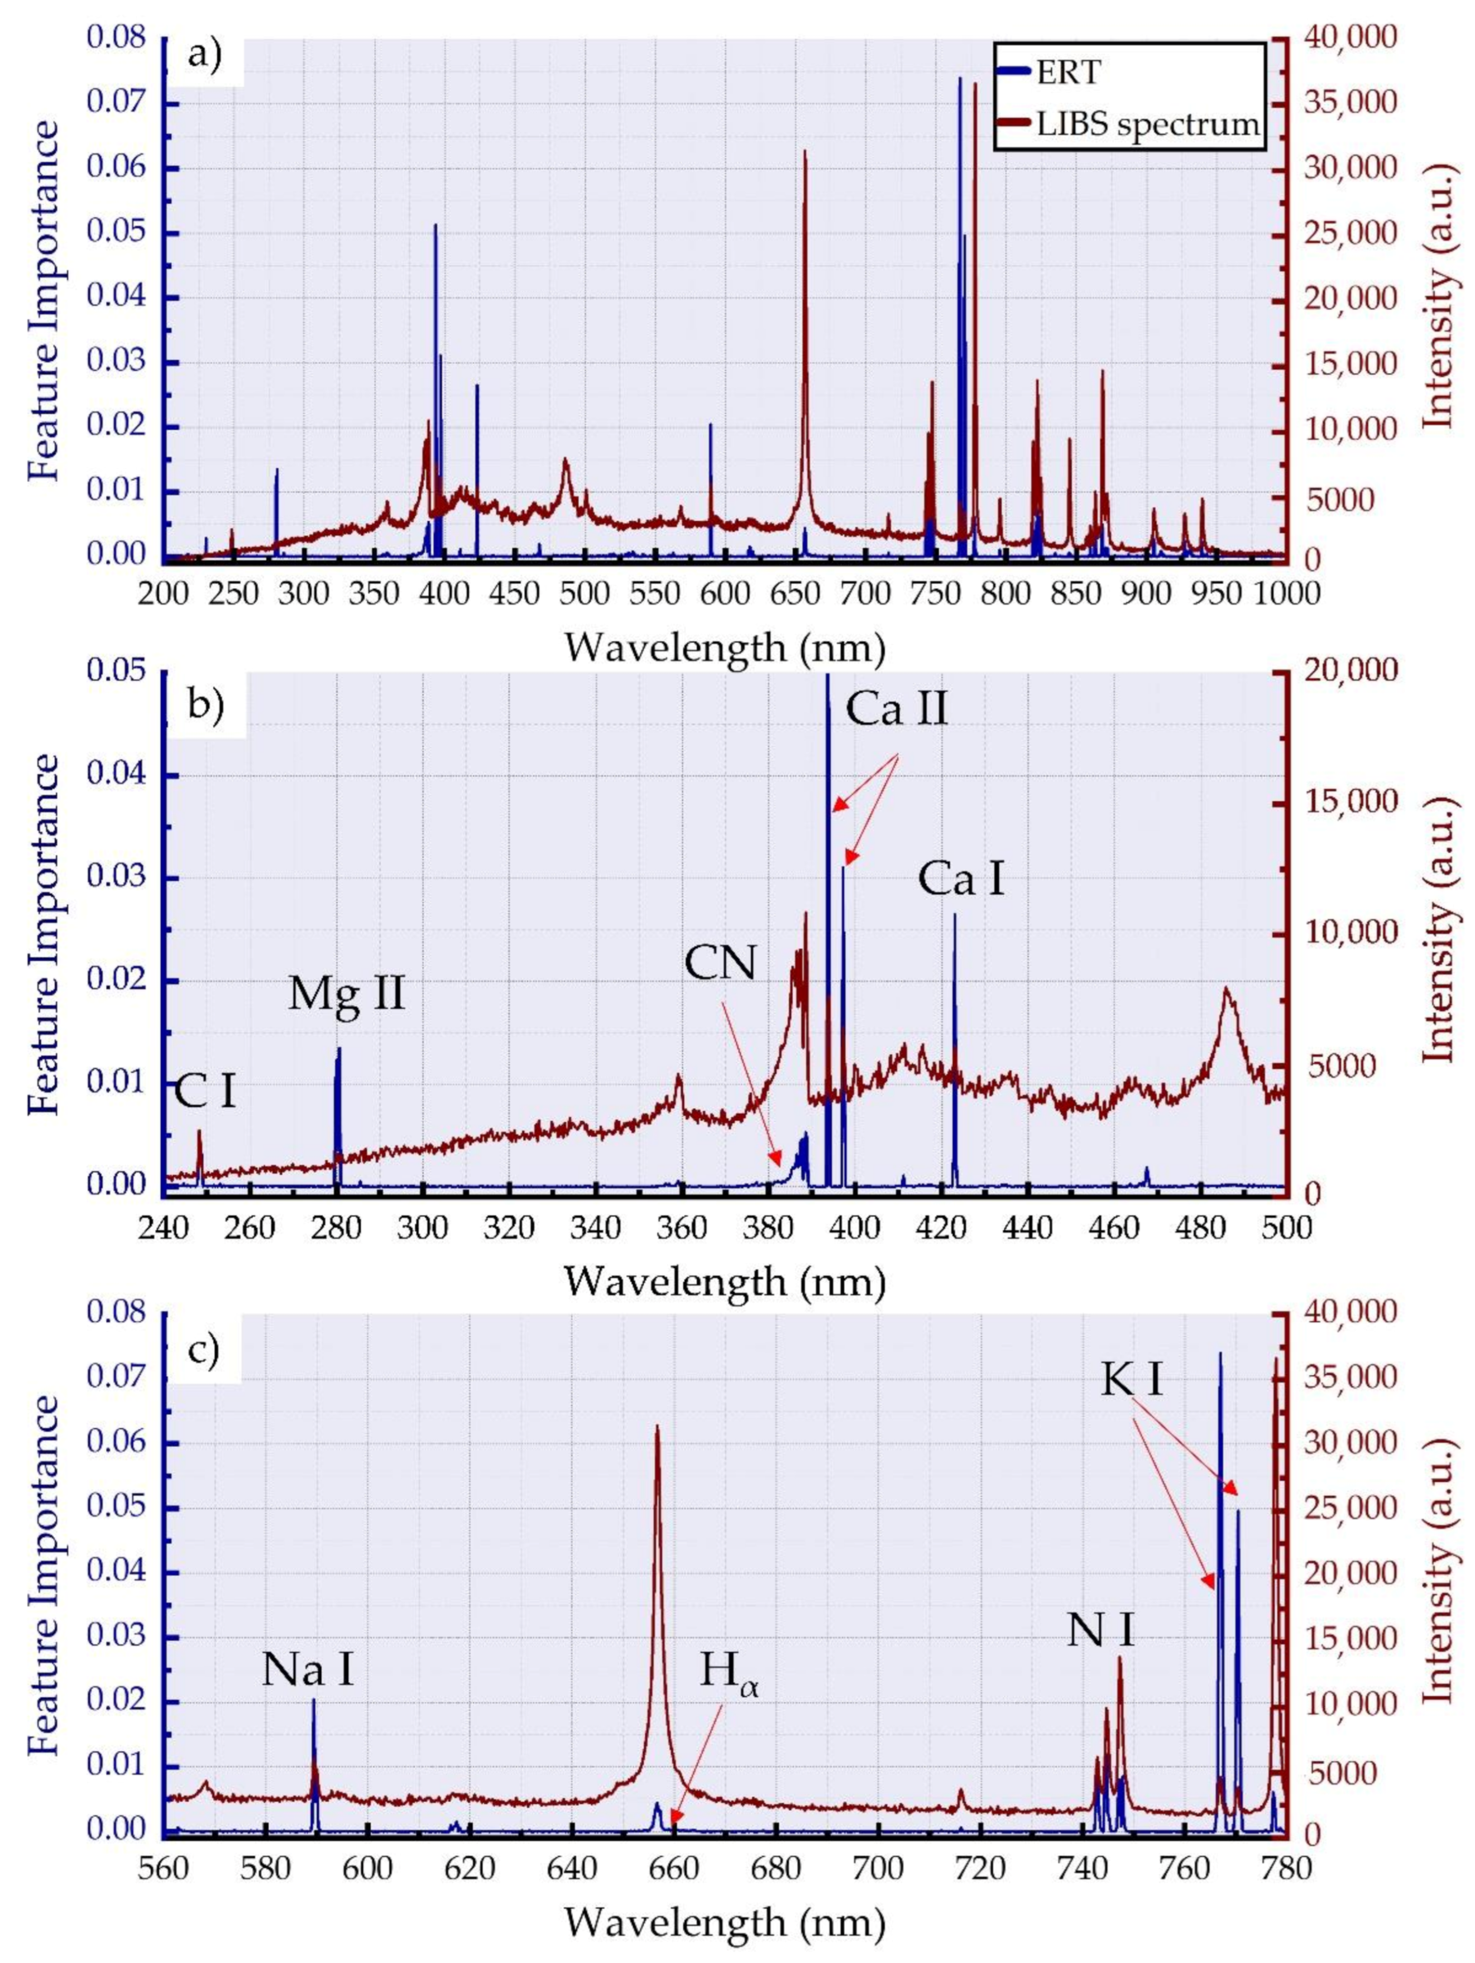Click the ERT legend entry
tap(1067, 73)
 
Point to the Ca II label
tap(897, 710)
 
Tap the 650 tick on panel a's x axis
tap(583, 592)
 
